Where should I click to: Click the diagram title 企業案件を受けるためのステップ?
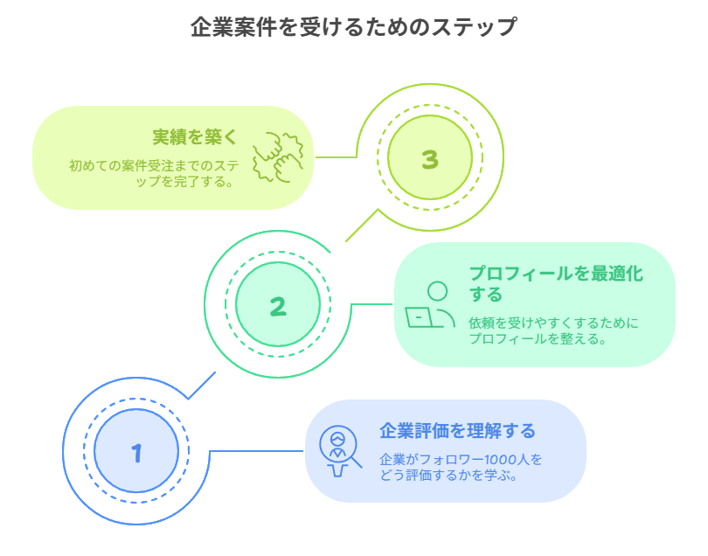click(x=353, y=27)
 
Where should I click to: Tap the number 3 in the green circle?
click(x=429, y=159)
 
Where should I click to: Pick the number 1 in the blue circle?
click(x=136, y=453)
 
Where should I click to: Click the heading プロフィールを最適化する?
click(x=555, y=282)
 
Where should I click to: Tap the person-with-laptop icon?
click(x=430, y=306)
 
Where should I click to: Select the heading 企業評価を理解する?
click(x=457, y=431)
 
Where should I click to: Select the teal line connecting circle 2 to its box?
click(x=371, y=305)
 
